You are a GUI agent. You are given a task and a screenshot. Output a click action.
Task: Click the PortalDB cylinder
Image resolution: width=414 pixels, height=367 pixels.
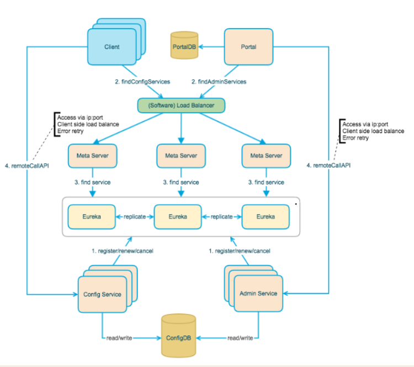(x=184, y=45)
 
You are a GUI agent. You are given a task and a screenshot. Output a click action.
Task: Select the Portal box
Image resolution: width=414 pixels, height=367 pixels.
(x=248, y=47)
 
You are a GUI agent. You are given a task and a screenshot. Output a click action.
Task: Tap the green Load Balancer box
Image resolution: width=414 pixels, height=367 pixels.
(x=181, y=105)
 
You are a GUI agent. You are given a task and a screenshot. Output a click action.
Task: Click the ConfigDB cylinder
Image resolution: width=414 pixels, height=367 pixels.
(x=178, y=336)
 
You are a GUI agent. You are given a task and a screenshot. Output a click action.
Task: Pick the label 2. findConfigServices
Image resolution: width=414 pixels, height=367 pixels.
(x=142, y=82)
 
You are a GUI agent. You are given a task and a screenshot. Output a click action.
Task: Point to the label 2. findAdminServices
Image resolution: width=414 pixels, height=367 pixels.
(x=219, y=82)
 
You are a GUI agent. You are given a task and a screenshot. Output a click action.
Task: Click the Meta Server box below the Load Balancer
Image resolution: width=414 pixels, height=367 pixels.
(x=181, y=156)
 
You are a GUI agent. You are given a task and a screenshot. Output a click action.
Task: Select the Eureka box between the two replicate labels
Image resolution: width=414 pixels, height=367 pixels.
(x=178, y=217)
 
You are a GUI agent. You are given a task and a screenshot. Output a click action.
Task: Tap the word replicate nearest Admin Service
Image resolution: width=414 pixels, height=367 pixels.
(x=221, y=217)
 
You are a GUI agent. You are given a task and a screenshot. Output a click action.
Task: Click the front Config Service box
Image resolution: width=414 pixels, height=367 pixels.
(x=103, y=294)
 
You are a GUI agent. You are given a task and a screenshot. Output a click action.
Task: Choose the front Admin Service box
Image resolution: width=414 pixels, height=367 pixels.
(x=258, y=294)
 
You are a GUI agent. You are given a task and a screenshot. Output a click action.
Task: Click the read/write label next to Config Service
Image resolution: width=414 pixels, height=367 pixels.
(x=119, y=338)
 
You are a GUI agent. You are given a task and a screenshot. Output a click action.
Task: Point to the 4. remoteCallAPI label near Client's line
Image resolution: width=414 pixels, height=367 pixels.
(x=27, y=166)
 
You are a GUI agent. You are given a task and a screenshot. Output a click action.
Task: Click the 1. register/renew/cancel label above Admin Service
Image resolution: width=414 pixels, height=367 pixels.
(x=240, y=251)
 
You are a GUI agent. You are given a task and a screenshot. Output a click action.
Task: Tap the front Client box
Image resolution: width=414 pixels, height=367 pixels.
(x=112, y=47)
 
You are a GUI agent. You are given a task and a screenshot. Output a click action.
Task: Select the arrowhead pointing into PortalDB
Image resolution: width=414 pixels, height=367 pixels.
(x=201, y=47)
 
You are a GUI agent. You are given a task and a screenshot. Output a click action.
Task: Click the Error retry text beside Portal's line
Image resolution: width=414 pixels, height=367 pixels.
(x=355, y=138)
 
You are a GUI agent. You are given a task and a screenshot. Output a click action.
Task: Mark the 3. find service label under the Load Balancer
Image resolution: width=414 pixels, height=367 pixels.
(x=181, y=182)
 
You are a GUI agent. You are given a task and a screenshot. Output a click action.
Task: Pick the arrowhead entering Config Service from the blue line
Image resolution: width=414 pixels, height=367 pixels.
(x=76, y=294)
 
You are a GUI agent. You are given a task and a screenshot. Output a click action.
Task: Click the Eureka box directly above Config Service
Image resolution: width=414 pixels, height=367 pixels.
(x=92, y=217)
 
